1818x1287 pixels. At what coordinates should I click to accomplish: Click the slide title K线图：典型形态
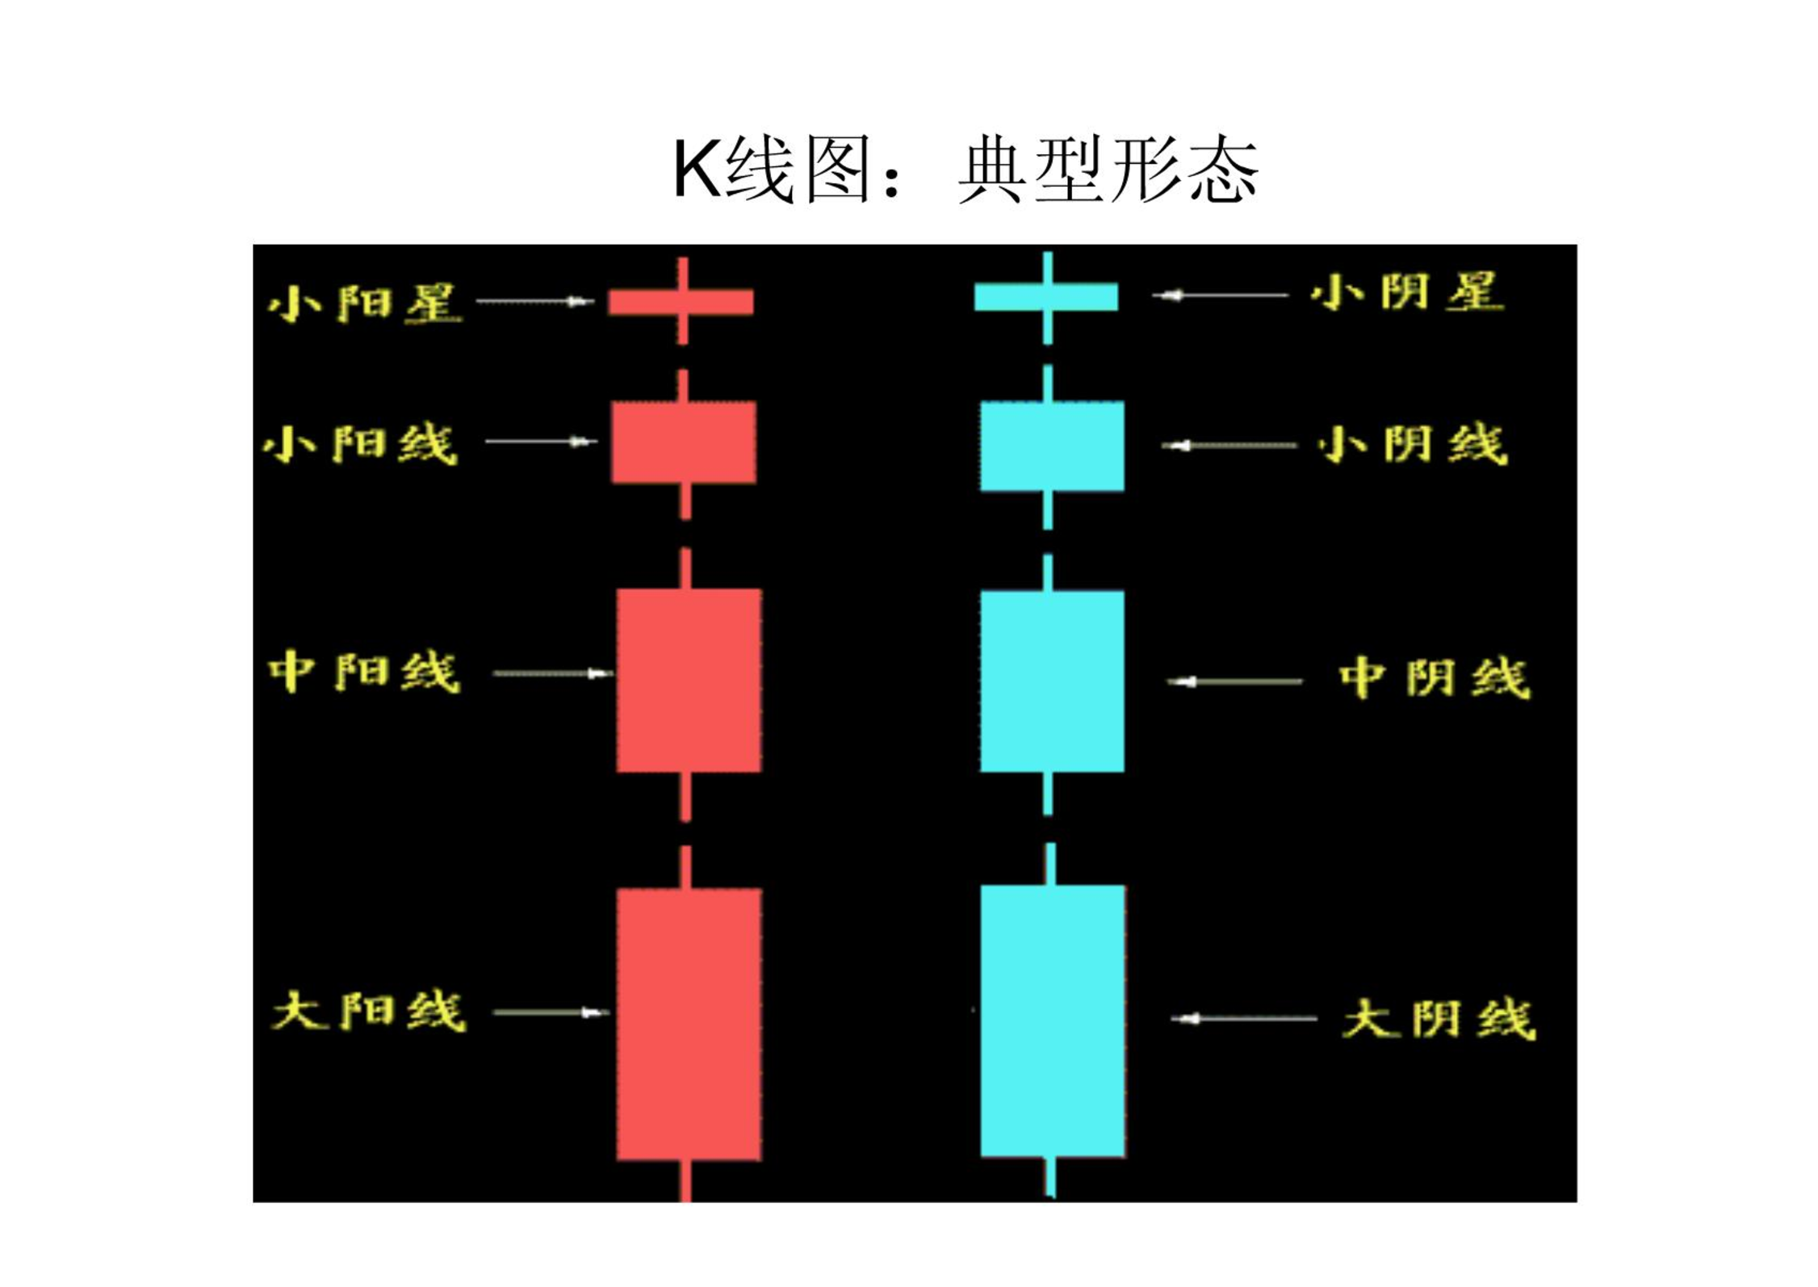pyautogui.click(x=966, y=170)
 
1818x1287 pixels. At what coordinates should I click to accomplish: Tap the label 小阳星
pyautogui.click(x=365, y=303)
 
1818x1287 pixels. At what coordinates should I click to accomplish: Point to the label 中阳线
pyautogui.click(x=364, y=673)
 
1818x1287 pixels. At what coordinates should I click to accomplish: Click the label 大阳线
pyautogui.click(x=370, y=1011)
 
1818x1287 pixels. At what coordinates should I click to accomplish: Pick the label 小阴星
pyautogui.click(x=1407, y=291)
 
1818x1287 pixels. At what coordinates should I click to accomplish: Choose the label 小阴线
pyautogui.click(x=1413, y=444)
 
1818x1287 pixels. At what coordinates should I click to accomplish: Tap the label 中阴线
pyautogui.click(x=1435, y=677)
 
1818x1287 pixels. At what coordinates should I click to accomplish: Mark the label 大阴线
pyautogui.click(x=1439, y=1019)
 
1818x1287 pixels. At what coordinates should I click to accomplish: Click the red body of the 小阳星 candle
pyautogui.click(x=681, y=302)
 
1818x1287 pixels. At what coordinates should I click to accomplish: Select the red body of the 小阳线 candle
pyautogui.click(x=684, y=442)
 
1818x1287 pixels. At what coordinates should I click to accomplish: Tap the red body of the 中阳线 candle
pyautogui.click(x=689, y=680)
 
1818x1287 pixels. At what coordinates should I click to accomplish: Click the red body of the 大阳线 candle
pyautogui.click(x=689, y=1024)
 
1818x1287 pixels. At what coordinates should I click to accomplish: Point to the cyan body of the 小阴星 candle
pyautogui.click(x=1046, y=296)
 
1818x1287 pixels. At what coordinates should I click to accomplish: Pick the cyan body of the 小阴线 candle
pyautogui.click(x=1052, y=446)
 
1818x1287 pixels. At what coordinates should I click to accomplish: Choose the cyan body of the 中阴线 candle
pyautogui.click(x=1052, y=681)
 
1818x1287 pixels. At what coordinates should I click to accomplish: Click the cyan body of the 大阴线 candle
pyautogui.click(x=1053, y=1021)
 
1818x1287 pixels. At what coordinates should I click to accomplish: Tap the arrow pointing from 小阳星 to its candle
pyautogui.click(x=535, y=301)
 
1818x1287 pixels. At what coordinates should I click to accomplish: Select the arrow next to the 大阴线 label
pyautogui.click(x=1243, y=1018)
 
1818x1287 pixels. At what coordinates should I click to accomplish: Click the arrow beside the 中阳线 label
pyautogui.click(x=552, y=673)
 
